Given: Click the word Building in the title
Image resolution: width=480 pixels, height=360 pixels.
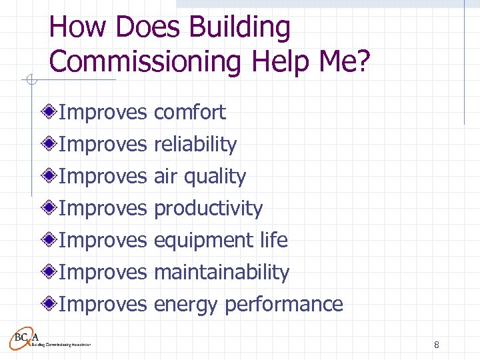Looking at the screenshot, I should pos(239,29).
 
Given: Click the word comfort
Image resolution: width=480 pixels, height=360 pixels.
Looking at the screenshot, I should pos(190,112).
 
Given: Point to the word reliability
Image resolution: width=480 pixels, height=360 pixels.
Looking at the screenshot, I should pos(195,144).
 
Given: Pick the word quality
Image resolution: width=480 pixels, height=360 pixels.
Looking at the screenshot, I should pos(215,177).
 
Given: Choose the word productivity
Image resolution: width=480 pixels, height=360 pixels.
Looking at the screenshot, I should pos(208,209).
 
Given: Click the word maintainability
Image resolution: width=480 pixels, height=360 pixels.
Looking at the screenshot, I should pos(221,272).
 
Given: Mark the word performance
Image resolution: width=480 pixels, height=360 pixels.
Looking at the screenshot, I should pos(284,305).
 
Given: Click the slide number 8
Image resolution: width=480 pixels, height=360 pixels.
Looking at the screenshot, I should pos(436,345).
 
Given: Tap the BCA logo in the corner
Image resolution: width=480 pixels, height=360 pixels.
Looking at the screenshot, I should pos(30,339).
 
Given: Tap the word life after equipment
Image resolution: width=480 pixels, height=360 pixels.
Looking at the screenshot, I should pos(275,240).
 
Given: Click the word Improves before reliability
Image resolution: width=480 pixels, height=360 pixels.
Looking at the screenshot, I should pos(102,144).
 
